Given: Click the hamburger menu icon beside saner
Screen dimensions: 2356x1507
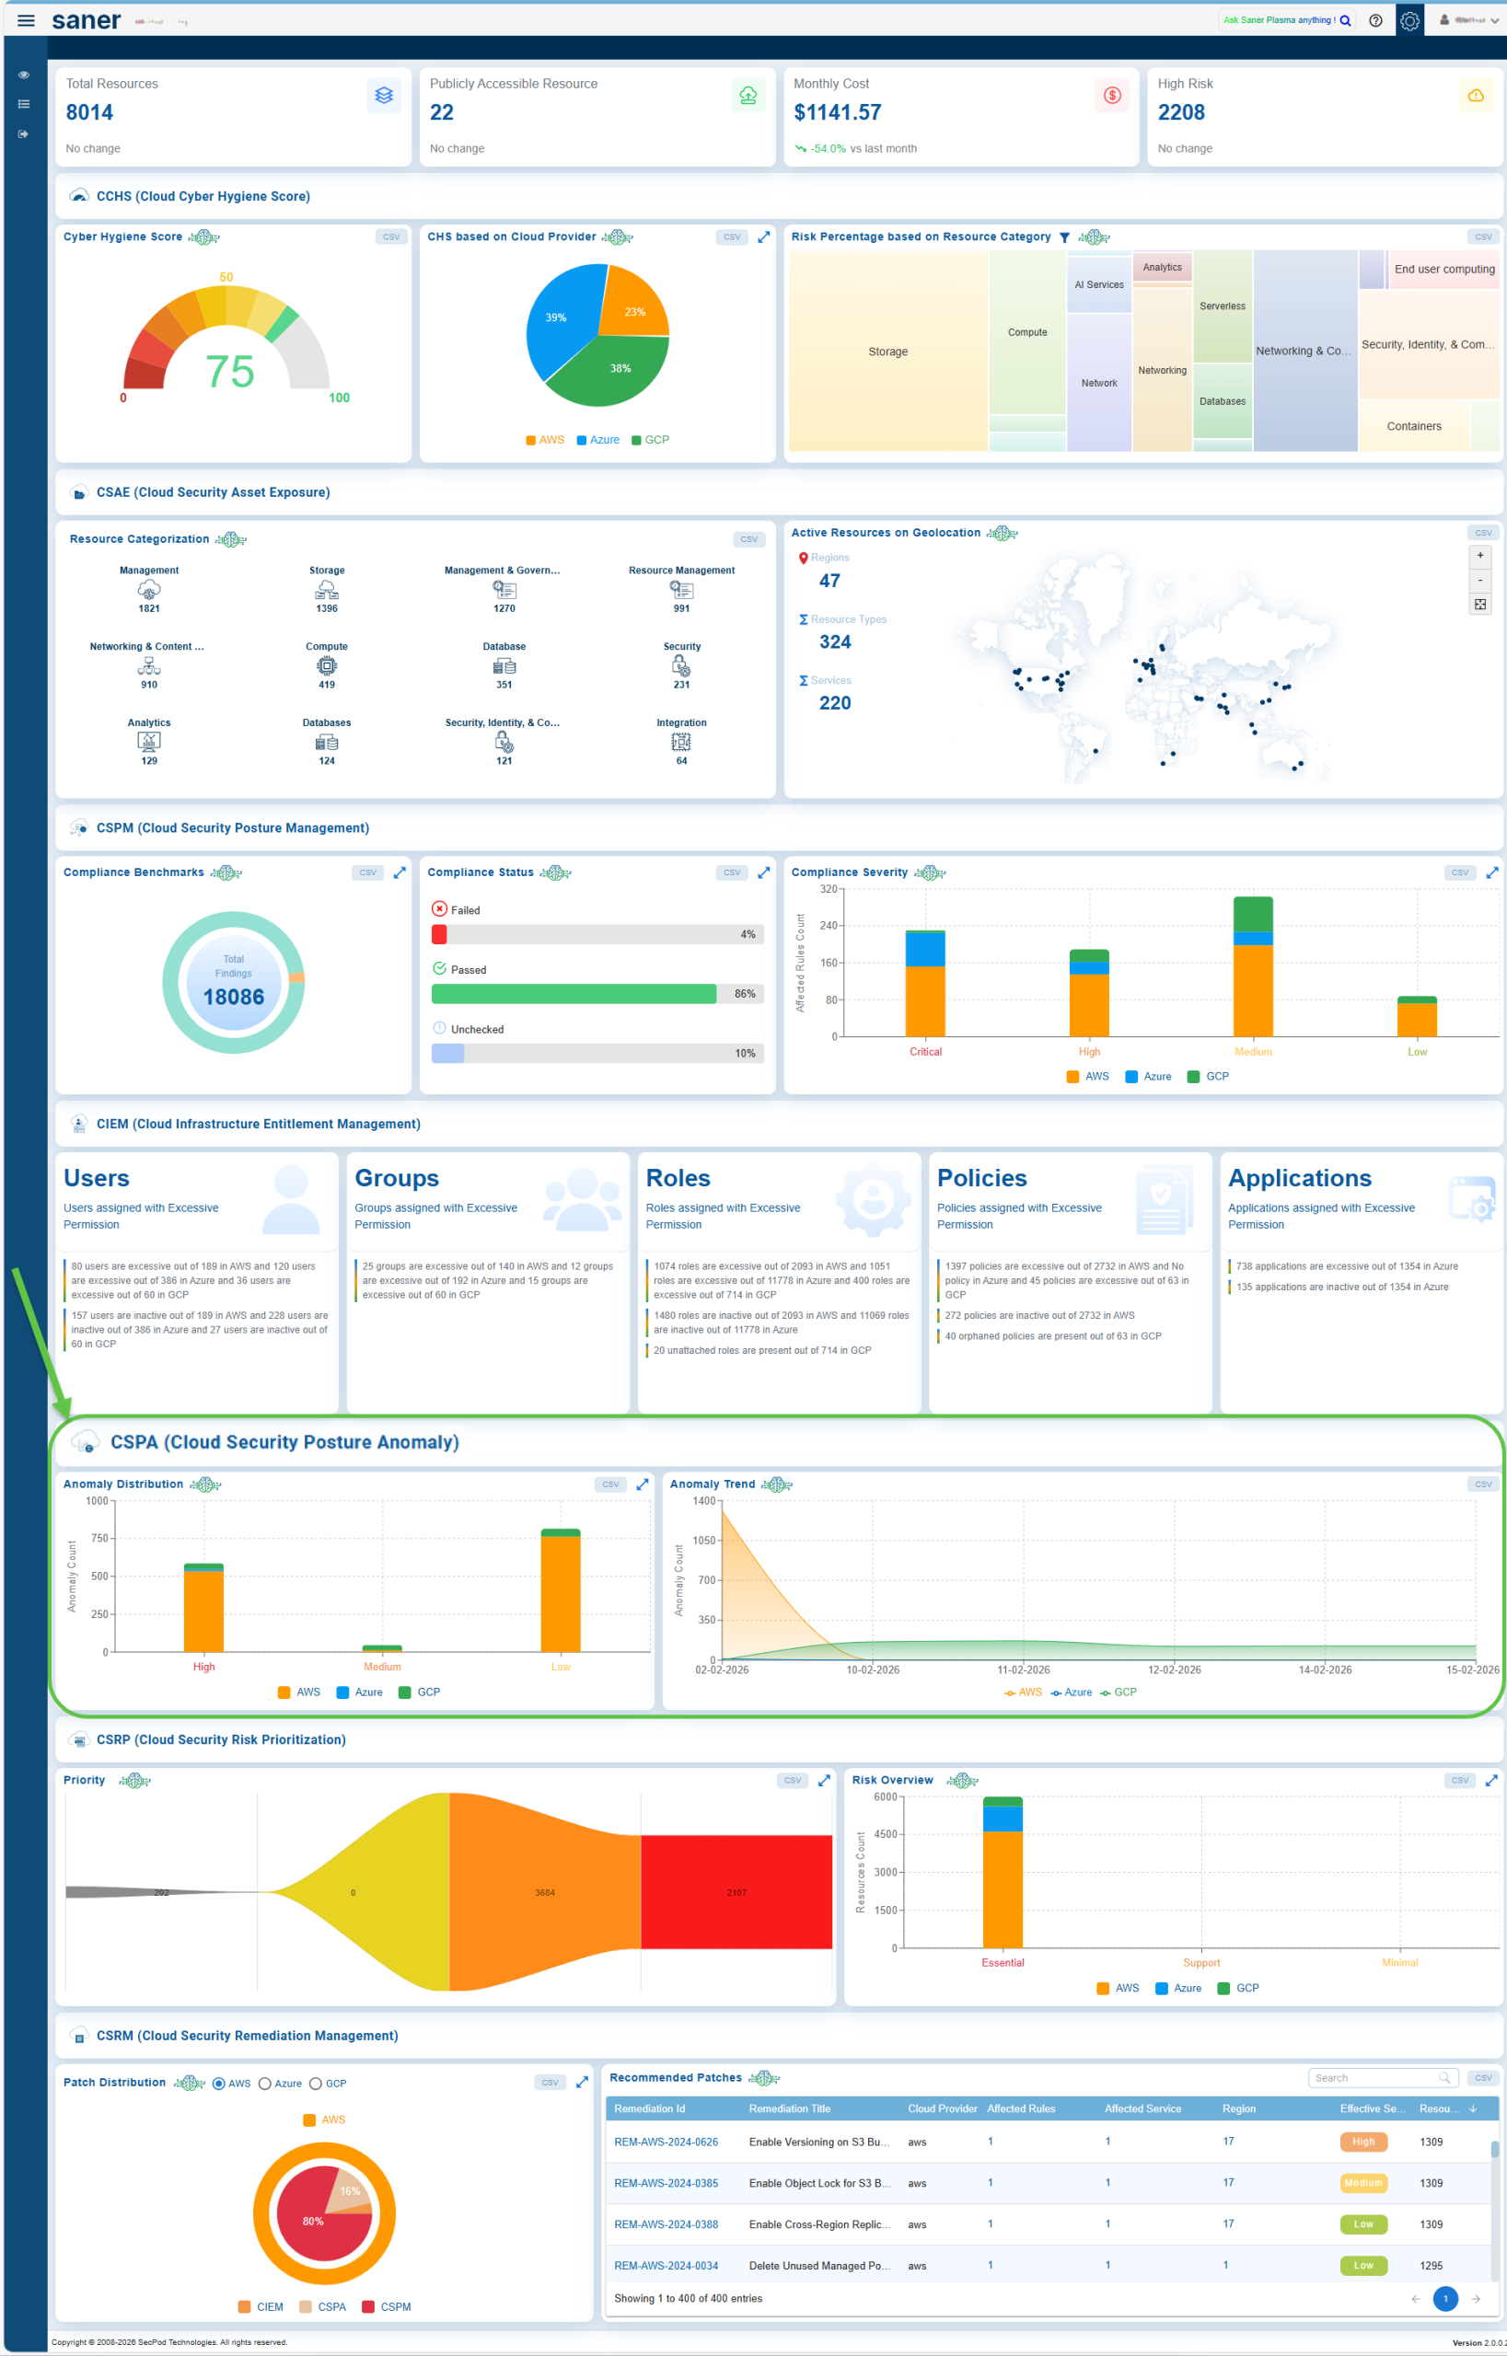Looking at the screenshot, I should [x=27, y=20].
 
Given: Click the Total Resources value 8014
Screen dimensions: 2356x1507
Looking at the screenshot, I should [x=89, y=112].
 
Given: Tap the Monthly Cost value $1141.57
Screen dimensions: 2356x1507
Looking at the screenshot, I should [x=837, y=112].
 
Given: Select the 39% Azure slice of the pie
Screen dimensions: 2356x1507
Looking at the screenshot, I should [x=558, y=318].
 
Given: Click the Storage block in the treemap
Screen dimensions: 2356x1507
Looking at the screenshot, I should [x=887, y=352].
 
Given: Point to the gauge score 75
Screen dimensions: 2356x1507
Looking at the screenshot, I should [x=229, y=372].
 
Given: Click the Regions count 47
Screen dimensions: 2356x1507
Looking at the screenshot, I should [x=829, y=581].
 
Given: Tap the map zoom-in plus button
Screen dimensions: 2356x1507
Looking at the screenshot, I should [x=1479, y=556].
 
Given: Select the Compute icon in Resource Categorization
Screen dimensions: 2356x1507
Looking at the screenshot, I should [x=326, y=666].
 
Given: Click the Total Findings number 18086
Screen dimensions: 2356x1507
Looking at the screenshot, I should [x=233, y=997].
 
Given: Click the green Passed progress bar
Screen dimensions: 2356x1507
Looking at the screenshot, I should [x=574, y=994].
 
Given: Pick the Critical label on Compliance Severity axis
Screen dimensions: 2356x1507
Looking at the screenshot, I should [x=925, y=1052].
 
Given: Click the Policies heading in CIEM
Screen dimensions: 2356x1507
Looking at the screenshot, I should [x=981, y=1178].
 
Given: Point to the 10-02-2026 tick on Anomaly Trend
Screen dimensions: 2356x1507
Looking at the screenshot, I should [x=872, y=1670].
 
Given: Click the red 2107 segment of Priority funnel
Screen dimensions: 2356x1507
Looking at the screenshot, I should [x=736, y=1892].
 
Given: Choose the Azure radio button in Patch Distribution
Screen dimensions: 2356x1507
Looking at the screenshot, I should [x=265, y=2084].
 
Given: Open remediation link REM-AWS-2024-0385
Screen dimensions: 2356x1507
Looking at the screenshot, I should [x=666, y=2183].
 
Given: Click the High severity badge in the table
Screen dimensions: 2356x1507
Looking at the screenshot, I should [x=1362, y=2142].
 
